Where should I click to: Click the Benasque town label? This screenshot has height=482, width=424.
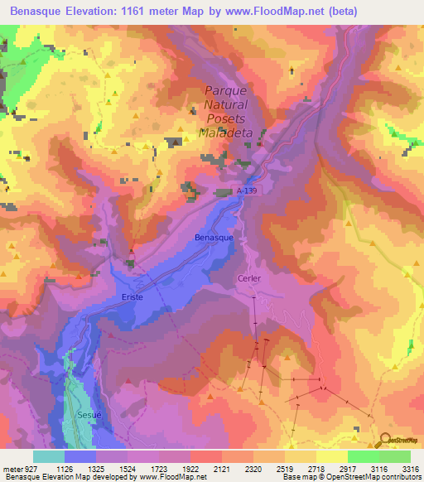[213, 237]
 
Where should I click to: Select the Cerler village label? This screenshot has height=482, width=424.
[248, 278]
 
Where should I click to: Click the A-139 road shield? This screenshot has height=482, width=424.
[256, 190]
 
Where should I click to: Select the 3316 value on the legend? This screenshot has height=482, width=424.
[410, 468]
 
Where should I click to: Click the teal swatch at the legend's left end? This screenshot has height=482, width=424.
[49, 456]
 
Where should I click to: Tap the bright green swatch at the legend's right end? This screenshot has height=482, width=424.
[394, 456]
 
